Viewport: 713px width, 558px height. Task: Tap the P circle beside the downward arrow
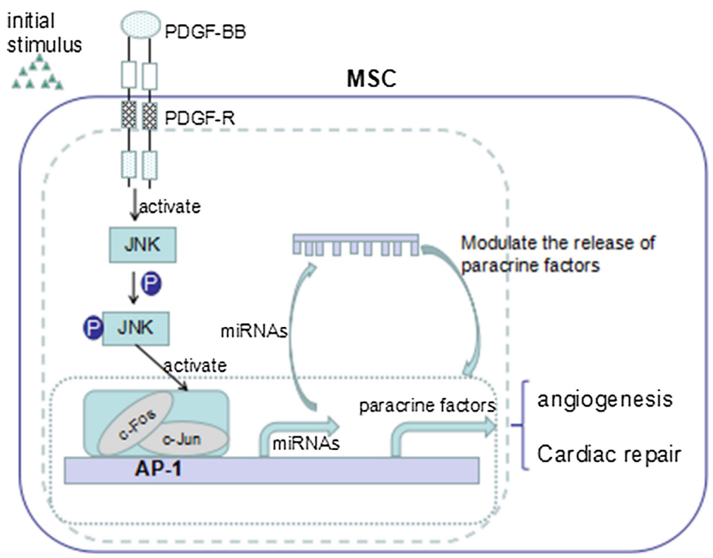pos(152,285)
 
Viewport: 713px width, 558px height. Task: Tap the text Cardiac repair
pos(609,455)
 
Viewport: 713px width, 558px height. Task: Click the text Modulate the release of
pos(558,244)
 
